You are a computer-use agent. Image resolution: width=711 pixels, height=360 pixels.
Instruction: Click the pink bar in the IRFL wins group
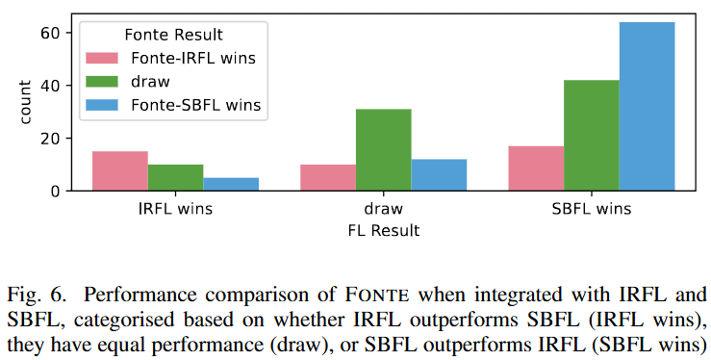(x=120, y=171)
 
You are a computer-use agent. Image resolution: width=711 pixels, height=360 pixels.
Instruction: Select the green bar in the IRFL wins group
(x=175, y=178)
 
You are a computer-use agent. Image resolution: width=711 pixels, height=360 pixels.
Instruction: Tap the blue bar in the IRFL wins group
(x=231, y=184)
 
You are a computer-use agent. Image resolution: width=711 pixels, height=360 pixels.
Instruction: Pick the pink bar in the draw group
(x=328, y=178)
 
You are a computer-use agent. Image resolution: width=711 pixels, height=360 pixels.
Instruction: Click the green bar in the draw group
(x=383, y=150)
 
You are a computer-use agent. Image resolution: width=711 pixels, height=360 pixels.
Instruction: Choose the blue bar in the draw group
(x=439, y=175)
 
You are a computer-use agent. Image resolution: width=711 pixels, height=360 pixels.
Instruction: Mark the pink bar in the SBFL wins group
(x=536, y=168)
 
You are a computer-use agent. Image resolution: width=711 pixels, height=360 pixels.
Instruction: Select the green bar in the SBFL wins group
(x=591, y=136)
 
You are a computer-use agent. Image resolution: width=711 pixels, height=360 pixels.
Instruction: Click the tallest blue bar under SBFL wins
(x=647, y=107)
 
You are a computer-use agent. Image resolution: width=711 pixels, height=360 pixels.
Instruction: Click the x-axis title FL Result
(x=383, y=231)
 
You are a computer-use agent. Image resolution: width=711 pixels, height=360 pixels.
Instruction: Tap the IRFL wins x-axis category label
(x=175, y=209)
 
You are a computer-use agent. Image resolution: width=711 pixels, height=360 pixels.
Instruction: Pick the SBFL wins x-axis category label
(x=591, y=209)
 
